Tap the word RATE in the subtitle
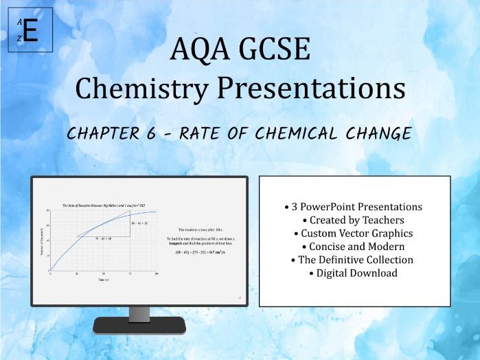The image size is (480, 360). (201, 133)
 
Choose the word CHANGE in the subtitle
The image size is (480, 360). (378, 133)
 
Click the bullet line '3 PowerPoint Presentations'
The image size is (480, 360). (354, 207)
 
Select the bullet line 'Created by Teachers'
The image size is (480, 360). (354, 220)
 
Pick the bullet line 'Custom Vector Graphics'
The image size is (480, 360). (354, 233)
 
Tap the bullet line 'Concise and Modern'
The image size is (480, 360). (354, 246)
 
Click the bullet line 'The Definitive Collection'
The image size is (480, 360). (354, 260)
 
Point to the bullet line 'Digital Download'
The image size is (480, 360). (354, 273)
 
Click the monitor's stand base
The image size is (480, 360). (139, 326)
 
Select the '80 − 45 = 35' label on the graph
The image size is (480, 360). (141, 223)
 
